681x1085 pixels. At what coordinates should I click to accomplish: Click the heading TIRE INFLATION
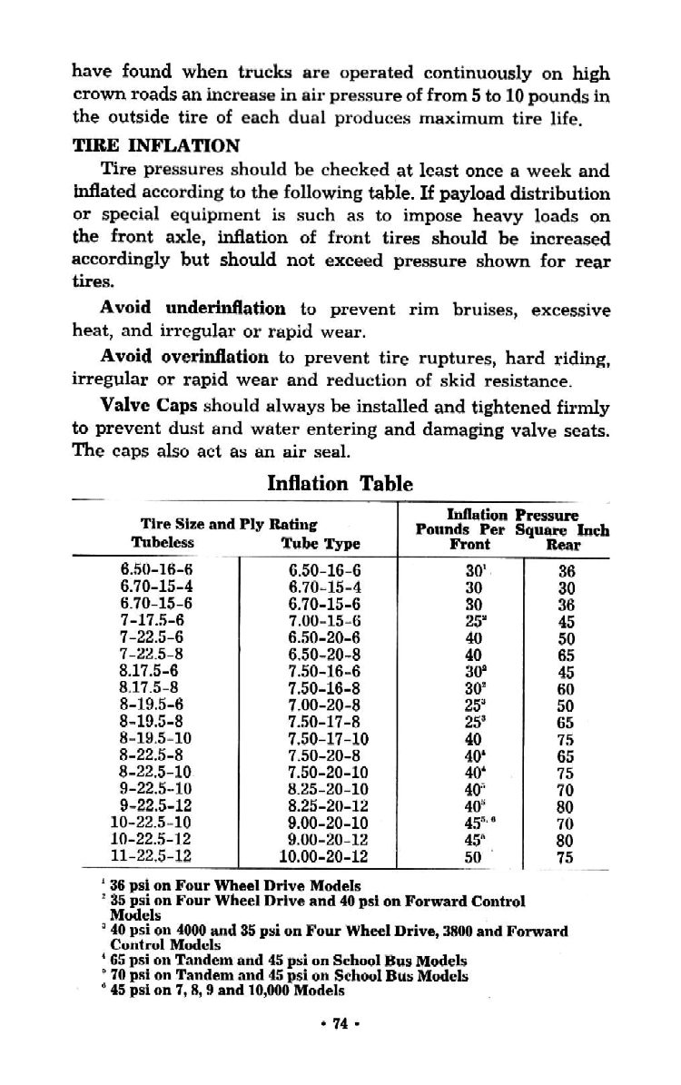(x=157, y=145)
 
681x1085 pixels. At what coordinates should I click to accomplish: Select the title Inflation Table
(x=340, y=483)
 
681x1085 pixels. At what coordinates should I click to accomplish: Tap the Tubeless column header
(x=163, y=543)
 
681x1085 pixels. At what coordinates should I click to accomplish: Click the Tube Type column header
(x=321, y=544)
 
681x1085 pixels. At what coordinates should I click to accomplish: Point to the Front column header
(x=469, y=544)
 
